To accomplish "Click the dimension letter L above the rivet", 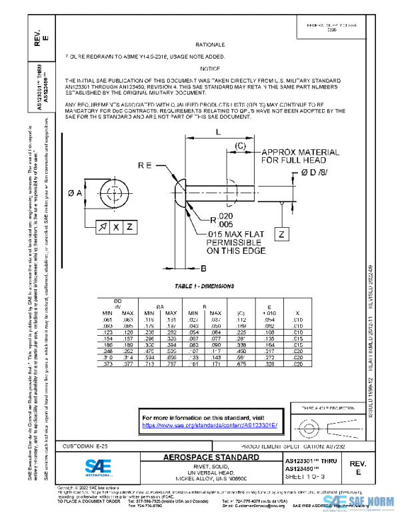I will coord(218,132).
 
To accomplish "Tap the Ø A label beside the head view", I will coord(75,193).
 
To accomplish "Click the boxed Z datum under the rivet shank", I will coord(282,235).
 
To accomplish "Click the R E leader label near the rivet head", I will coord(147,164).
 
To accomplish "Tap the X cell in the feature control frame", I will coord(116,227).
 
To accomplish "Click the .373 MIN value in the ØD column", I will coord(107,365).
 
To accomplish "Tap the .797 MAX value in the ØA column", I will coord(171,365).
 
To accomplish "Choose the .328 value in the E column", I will coord(270,365).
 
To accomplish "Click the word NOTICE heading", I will coord(209,68).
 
